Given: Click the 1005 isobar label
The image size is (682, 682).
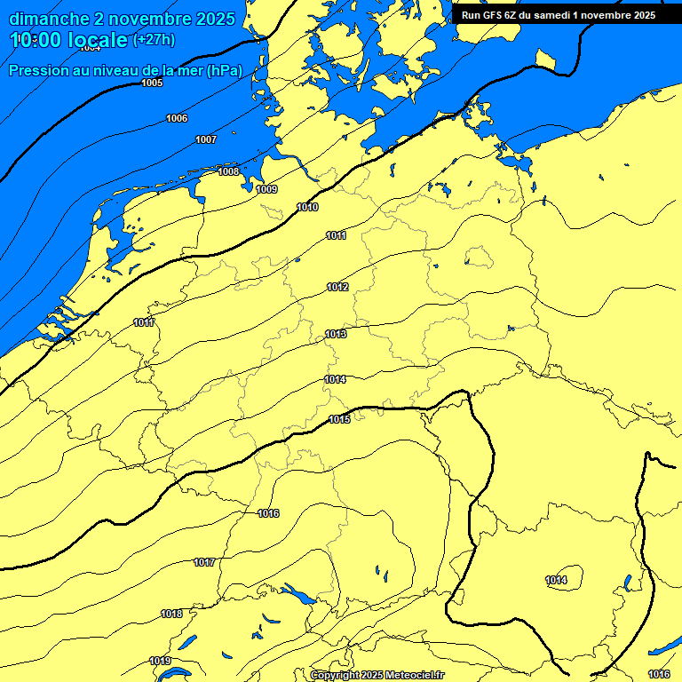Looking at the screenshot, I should [152, 83].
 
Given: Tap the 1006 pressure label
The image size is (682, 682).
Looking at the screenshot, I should [177, 118].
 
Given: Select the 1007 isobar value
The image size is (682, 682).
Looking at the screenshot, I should [206, 139].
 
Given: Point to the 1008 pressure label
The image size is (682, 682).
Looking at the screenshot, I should [228, 171].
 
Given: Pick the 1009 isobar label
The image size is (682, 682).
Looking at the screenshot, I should [266, 189].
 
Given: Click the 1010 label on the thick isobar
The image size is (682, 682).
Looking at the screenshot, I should [307, 207].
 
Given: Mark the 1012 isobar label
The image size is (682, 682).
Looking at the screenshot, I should [337, 287].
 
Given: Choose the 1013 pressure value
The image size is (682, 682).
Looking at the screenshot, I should [335, 334].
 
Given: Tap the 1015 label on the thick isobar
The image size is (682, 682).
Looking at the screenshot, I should [339, 419].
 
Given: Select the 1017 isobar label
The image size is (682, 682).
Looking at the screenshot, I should [204, 562].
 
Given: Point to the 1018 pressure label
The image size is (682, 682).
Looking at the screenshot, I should [171, 614].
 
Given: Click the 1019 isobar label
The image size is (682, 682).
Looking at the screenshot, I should [160, 661].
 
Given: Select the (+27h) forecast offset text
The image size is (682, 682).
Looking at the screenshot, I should [154, 40].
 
